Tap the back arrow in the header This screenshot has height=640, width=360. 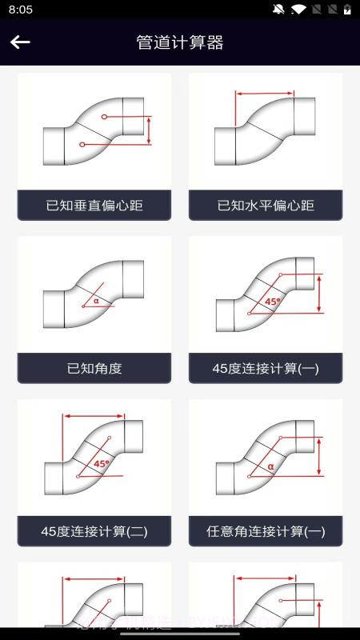click(x=20, y=42)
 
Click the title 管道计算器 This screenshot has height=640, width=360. click(x=180, y=42)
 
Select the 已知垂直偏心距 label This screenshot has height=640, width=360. click(x=94, y=206)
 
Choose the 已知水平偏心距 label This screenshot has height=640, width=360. click(x=266, y=206)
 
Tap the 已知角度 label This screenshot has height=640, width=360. click(x=94, y=369)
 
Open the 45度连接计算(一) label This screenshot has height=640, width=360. click(x=266, y=369)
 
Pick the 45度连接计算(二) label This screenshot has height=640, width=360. click(x=94, y=531)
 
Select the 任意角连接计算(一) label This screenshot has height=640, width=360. click(x=266, y=531)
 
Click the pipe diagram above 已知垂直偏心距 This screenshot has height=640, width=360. click(x=94, y=132)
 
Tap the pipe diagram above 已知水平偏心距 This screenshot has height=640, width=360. click(x=266, y=132)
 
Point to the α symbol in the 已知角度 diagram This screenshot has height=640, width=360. click(x=96, y=302)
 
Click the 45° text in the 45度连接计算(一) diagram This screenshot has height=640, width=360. click(x=273, y=302)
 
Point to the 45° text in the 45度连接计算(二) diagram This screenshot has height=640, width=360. click(x=102, y=464)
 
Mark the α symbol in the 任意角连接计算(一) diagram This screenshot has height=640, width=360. click(x=270, y=465)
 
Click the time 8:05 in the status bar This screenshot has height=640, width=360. click(x=22, y=10)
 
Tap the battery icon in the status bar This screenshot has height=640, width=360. click(x=348, y=10)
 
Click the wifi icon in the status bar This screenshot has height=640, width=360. click(x=299, y=10)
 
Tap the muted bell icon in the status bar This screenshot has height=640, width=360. click(x=278, y=10)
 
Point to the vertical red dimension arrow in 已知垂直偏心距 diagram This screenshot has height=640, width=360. click(x=149, y=130)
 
